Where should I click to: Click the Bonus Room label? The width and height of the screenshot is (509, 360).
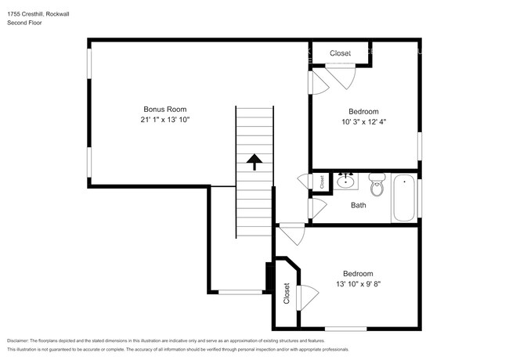[x=164, y=109]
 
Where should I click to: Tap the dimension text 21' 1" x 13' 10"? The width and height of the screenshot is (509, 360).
[x=165, y=120]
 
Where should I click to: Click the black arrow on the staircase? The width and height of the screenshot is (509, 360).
[x=254, y=161]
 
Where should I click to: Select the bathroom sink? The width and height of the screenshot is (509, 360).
[x=345, y=182]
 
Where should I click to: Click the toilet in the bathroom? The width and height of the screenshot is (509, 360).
[x=377, y=186]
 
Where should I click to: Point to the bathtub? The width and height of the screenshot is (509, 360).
[x=404, y=198]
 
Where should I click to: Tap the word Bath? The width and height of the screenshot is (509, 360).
[x=358, y=205]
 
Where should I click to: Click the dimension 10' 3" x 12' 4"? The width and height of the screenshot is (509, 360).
[x=363, y=121]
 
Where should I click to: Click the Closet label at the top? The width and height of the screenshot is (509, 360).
[x=340, y=53]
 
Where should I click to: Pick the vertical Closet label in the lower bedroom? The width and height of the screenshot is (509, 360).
[x=287, y=294]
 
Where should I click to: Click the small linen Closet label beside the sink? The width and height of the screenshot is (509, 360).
[x=322, y=182]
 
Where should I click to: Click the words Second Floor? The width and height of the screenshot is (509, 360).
[x=25, y=23]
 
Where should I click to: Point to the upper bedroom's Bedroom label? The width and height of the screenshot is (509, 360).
[x=363, y=111]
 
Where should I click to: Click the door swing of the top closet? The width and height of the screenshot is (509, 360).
[x=342, y=75]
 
